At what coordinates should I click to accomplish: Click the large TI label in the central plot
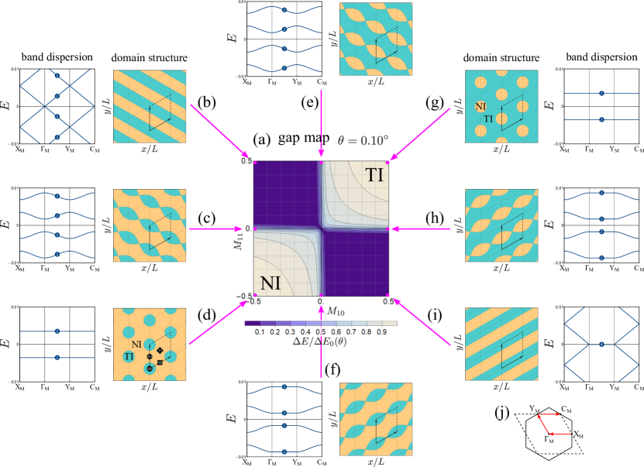point(374,176)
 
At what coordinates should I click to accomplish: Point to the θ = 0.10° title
point(362,143)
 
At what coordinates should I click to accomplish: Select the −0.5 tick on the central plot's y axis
point(244,295)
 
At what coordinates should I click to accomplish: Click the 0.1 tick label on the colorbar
point(260,331)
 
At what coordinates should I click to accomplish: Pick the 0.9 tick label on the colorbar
point(381,331)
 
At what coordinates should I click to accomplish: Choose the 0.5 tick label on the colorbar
point(321,331)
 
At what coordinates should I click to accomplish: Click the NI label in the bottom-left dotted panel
point(136,343)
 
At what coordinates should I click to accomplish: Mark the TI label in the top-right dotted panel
point(488,118)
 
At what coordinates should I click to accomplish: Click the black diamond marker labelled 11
point(160,351)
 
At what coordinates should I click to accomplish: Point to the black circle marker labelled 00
point(149,369)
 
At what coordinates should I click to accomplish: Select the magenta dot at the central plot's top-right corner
point(389,160)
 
